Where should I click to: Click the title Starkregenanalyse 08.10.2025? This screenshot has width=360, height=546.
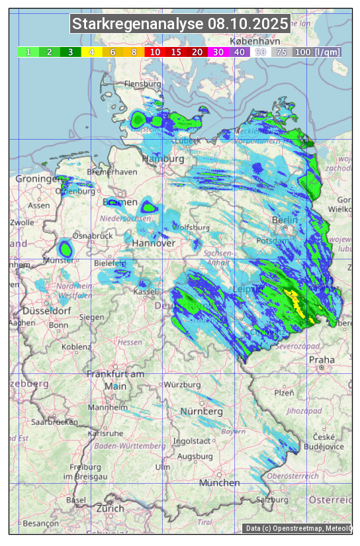tap(180, 24)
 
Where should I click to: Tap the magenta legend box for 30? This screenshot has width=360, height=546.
tap(218, 52)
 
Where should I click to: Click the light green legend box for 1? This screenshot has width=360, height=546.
tap(28, 52)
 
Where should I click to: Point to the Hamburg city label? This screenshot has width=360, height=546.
tap(163, 159)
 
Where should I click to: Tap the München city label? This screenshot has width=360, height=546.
tap(219, 483)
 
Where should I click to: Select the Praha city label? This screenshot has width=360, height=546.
tap(322, 360)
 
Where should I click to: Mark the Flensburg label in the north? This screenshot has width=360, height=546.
tap(143, 85)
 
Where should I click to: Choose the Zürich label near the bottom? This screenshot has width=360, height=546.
tap(110, 508)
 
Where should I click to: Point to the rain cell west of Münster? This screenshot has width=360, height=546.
tap(66, 249)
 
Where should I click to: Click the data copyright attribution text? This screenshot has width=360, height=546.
tap(298, 527)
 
